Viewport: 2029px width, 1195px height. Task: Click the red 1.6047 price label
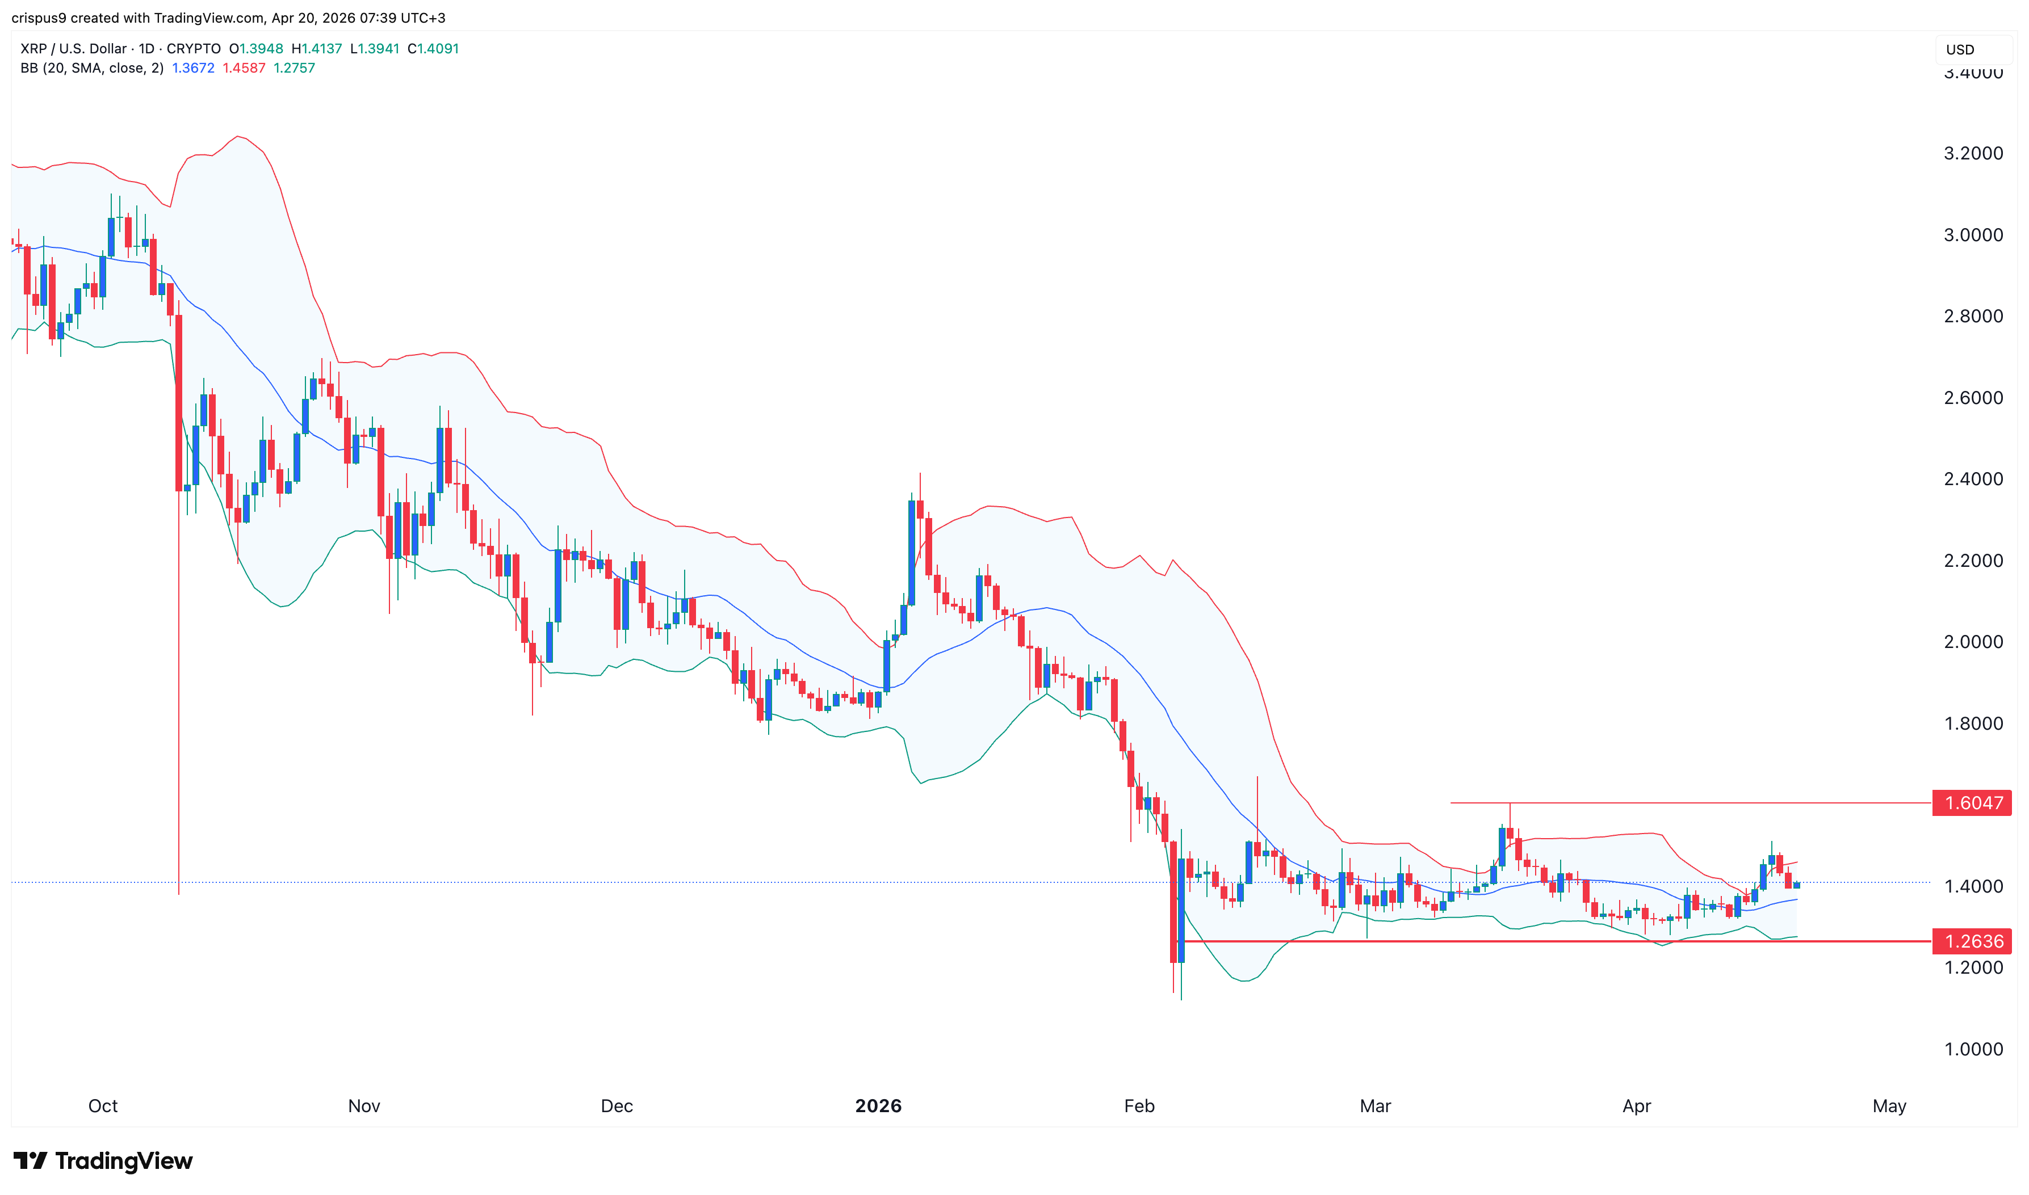pyautogui.click(x=1972, y=803)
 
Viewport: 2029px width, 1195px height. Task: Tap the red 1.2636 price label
pyautogui.click(x=1972, y=941)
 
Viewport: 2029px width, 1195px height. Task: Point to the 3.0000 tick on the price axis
pyautogui.click(x=1973, y=235)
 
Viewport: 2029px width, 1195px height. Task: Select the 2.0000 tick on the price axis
pyautogui.click(x=1973, y=642)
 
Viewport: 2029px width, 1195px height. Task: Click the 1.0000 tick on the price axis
pyautogui.click(x=1973, y=1049)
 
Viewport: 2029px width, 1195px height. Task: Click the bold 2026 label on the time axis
pyautogui.click(x=878, y=1105)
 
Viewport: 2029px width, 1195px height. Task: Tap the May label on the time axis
pyautogui.click(x=1889, y=1105)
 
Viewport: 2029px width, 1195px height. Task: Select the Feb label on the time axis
pyautogui.click(x=1139, y=1105)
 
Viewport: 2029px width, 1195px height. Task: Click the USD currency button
pyautogui.click(x=1960, y=50)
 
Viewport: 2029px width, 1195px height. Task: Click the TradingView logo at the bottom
pyautogui.click(x=103, y=1160)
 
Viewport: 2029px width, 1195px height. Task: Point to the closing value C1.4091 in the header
pyautogui.click(x=433, y=48)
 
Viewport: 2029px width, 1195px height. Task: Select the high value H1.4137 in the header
pyautogui.click(x=317, y=48)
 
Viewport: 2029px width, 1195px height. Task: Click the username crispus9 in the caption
pyautogui.click(x=39, y=18)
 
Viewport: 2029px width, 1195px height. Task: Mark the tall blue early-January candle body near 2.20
pyautogui.click(x=911, y=553)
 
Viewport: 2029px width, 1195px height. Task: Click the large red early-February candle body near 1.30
pyautogui.click(x=1173, y=902)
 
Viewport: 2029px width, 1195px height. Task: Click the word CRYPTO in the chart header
pyautogui.click(x=194, y=48)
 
